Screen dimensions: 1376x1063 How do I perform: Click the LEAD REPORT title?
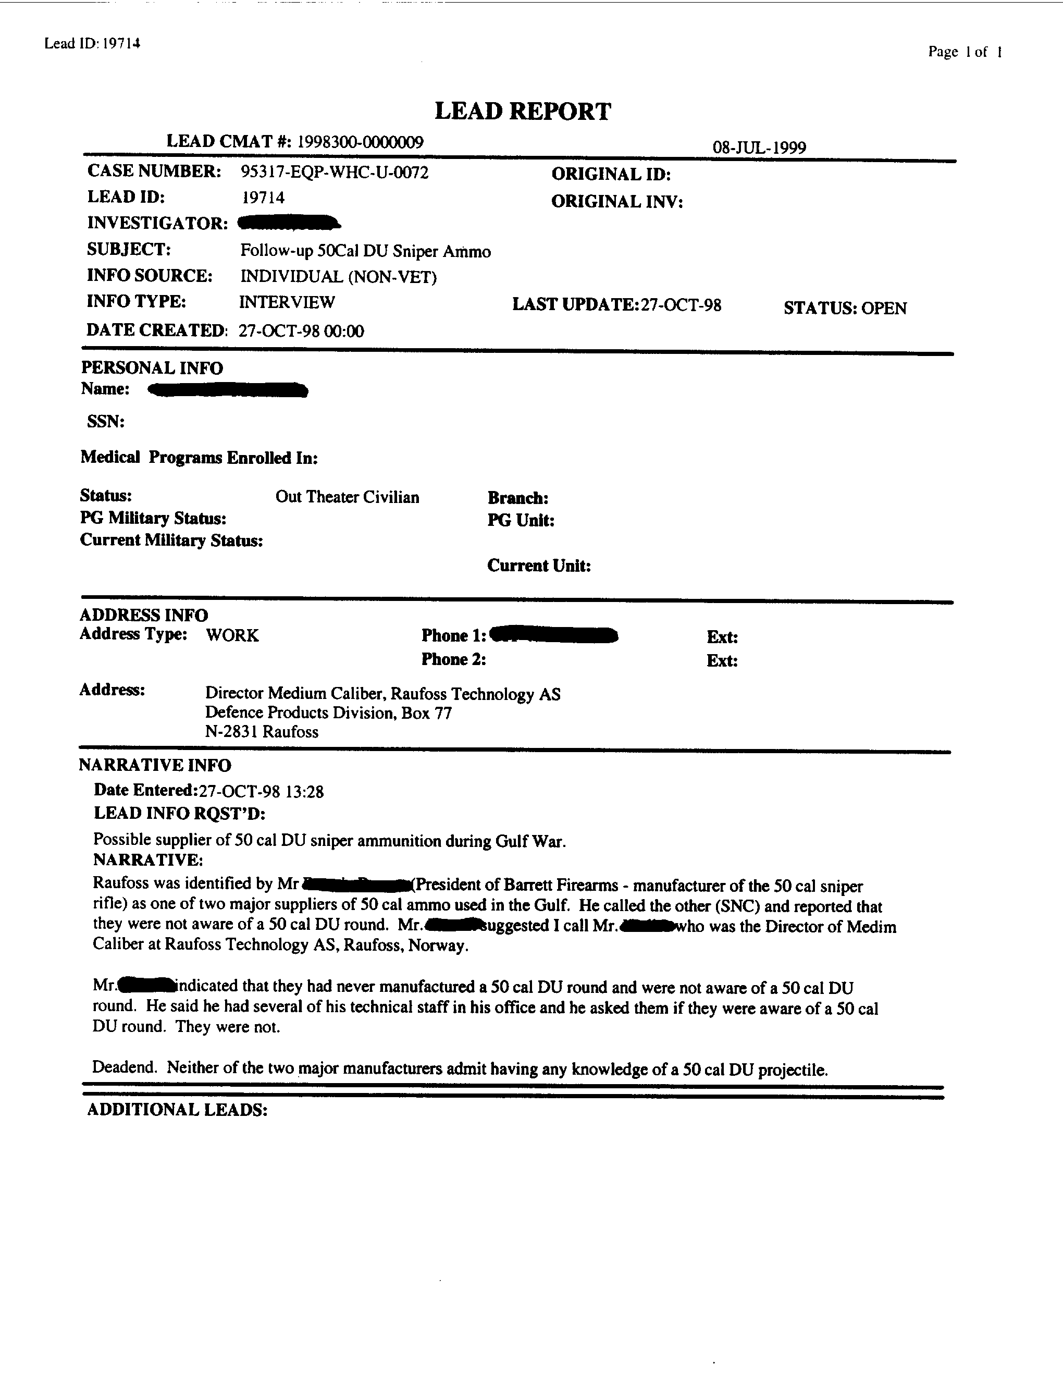pyautogui.click(x=522, y=112)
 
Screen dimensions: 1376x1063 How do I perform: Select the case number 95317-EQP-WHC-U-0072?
pyautogui.click(x=335, y=172)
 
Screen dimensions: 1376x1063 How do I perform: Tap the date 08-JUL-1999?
pyautogui.click(x=759, y=148)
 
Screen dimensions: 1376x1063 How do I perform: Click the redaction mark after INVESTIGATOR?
pyautogui.click(x=289, y=223)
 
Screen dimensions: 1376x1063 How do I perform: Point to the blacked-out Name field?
pyautogui.click(x=227, y=390)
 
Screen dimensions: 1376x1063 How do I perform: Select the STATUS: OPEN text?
pyautogui.click(x=845, y=308)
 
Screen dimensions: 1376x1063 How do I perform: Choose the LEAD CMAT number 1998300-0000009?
pyautogui.click(x=360, y=142)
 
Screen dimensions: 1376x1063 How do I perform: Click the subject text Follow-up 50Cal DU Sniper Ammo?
pyautogui.click(x=365, y=251)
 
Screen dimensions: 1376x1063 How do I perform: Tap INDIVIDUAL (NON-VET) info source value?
pyautogui.click(x=338, y=277)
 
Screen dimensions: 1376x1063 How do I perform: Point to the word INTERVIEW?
pyautogui.click(x=287, y=302)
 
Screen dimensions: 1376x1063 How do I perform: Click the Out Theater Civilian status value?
pyautogui.click(x=347, y=497)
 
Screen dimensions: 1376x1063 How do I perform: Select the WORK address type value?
pyautogui.click(x=232, y=635)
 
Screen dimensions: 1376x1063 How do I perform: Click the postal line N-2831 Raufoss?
pyautogui.click(x=262, y=731)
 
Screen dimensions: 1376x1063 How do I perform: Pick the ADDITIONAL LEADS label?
pyautogui.click(x=177, y=1110)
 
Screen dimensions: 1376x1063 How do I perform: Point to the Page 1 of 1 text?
pyautogui.click(x=964, y=52)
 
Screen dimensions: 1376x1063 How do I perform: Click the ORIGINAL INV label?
pyautogui.click(x=616, y=202)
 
